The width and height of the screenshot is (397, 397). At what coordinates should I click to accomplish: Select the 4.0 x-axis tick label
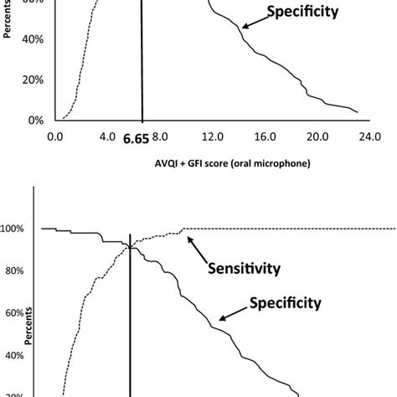(x=107, y=135)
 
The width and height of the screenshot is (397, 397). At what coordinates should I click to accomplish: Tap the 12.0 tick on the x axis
(x=214, y=135)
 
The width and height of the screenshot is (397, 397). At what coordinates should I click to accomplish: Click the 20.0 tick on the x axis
(x=318, y=135)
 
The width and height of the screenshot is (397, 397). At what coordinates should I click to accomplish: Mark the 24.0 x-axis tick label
(x=370, y=135)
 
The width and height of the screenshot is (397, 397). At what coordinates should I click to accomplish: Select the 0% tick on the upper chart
(x=34, y=120)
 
